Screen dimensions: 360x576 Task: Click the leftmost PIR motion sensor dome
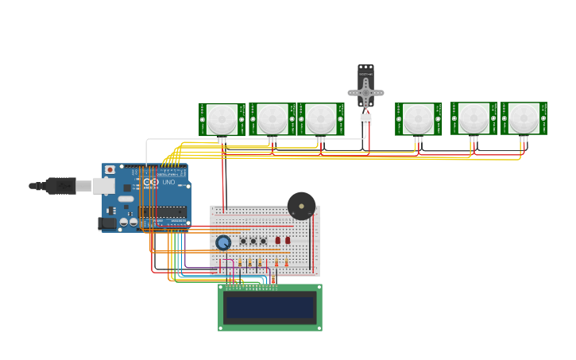pyautogui.click(x=222, y=119)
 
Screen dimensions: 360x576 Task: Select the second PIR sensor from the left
pyautogui.click(x=272, y=119)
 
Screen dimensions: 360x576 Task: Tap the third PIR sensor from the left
pyautogui.click(x=321, y=119)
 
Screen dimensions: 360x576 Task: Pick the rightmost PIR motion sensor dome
pyautogui.click(x=524, y=118)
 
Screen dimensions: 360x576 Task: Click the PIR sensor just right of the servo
pyautogui.click(x=418, y=119)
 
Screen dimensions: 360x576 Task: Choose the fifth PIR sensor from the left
pyautogui.click(x=474, y=118)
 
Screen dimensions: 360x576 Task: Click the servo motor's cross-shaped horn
pyautogui.click(x=365, y=93)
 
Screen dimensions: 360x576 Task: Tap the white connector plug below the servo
pyautogui.click(x=365, y=119)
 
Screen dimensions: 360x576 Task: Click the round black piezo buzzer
pyautogui.click(x=301, y=206)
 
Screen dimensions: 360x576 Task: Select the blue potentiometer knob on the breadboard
pyautogui.click(x=223, y=242)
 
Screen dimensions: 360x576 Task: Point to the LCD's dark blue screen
pyautogui.click(x=269, y=308)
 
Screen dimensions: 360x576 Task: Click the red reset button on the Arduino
pyautogui.click(x=110, y=170)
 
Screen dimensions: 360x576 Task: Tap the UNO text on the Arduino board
pyautogui.click(x=168, y=182)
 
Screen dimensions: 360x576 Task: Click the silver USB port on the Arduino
pyautogui.click(x=103, y=186)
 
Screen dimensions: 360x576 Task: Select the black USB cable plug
pyautogui.click(x=60, y=186)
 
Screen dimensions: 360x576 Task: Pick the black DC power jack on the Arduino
pyautogui.click(x=107, y=223)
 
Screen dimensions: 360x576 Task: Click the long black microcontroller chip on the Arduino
pyautogui.click(x=164, y=212)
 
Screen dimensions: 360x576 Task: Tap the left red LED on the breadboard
pyautogui.click(x=278, y=240)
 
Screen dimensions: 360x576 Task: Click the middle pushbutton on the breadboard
pyautogui.click(x=253, y=241)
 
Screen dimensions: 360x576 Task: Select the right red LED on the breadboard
pyautogui.click(x=288, y=240)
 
